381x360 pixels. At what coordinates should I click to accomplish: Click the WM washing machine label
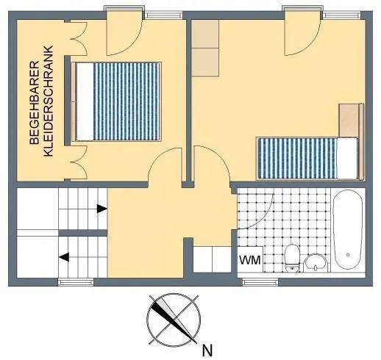[250, 260]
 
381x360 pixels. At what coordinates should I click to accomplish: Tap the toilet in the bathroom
[292, 258]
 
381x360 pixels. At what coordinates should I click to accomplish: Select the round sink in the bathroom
[316, 263]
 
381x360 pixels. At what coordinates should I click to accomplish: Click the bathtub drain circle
[348, 255]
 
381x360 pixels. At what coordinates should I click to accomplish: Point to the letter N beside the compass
[207, 350]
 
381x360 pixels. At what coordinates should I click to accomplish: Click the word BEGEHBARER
[35, 103]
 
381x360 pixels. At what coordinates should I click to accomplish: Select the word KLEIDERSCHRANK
[48, 101]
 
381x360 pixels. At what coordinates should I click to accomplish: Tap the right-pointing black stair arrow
[102, 209]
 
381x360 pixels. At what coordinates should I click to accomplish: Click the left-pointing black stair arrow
[64, 257]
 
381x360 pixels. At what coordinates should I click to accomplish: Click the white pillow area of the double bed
[85, 101]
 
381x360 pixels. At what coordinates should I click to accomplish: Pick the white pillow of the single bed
[347, 158]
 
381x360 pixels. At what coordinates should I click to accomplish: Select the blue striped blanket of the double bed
[127, 101]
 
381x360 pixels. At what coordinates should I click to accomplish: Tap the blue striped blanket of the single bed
[298, 158]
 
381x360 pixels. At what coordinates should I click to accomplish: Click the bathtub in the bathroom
[348, 230]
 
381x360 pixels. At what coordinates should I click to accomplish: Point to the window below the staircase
[76, 282]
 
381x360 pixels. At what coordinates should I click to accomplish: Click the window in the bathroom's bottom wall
[260, 282]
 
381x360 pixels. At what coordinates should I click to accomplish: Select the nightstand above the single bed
[349, 120]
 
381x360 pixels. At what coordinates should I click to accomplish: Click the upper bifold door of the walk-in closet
[79, 39]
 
